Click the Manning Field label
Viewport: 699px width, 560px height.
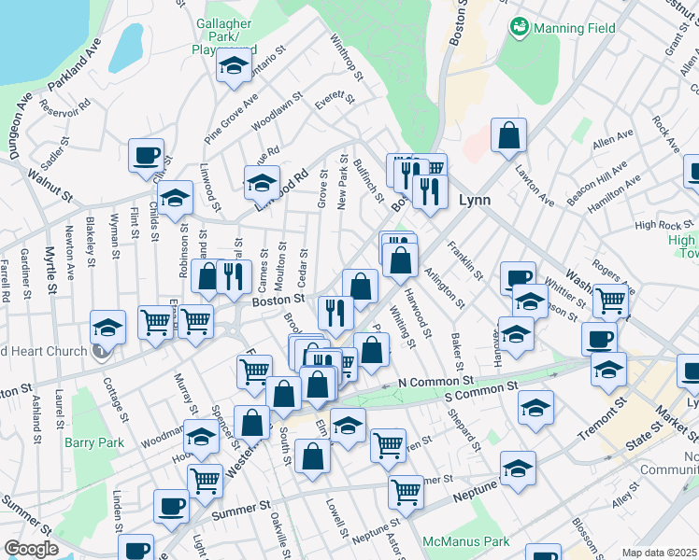575,28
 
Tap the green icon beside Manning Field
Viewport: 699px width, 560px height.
519,27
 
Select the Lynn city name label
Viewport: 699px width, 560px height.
475,200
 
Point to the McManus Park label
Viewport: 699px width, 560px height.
465,540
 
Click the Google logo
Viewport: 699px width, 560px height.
31,549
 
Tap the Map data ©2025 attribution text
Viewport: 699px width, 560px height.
659,553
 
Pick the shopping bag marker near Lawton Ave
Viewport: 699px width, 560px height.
508,136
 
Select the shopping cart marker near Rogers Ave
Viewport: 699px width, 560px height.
609,301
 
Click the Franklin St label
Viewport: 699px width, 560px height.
464,261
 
